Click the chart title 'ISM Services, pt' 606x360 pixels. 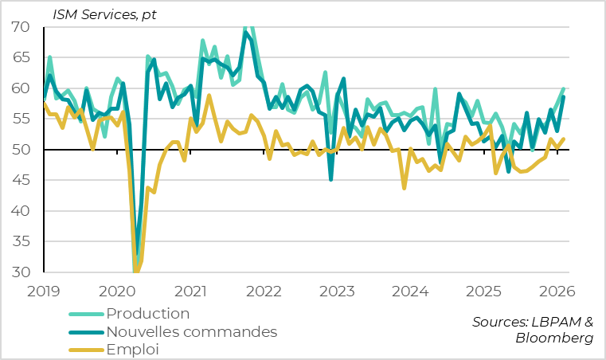pos(104,13)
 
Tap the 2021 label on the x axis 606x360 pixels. pos(191,292)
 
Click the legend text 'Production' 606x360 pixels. pos(148,313)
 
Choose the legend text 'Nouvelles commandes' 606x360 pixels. pos(191,331)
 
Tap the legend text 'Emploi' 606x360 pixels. pos(132,349)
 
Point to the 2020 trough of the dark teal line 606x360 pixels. pos(137,253)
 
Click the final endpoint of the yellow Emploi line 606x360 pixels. pos(564,139)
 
